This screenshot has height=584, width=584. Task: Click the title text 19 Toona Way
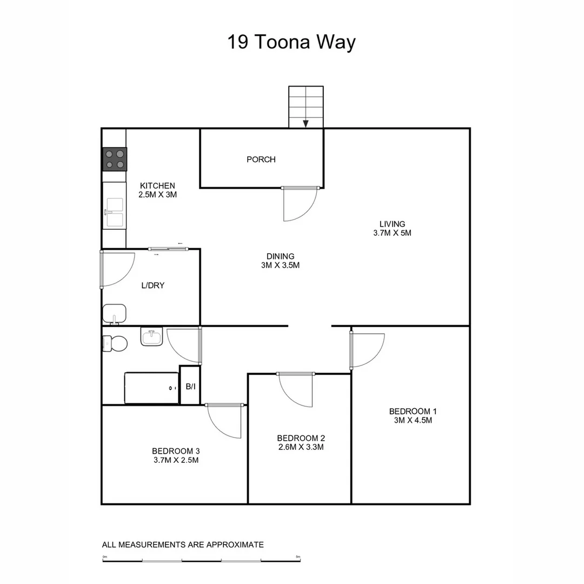[x=291, y=42]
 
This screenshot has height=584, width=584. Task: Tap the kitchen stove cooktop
[x=115, y=159]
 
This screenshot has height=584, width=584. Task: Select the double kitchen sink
[x=115, y=213]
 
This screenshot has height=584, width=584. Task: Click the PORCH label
[x=261, y=160]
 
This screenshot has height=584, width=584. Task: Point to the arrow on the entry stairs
[x=306, y=123]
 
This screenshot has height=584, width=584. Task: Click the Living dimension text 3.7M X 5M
[x=392, y=233]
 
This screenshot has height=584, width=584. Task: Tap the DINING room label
[x=280, y=256]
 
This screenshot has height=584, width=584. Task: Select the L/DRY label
[x=152, y=286]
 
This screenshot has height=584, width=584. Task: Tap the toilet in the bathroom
[x=115, y=343]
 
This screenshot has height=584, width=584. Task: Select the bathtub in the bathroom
[x=151, y=387]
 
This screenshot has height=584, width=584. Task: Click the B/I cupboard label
[x=190, y=387]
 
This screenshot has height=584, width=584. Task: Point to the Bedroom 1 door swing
[x=367, y=349]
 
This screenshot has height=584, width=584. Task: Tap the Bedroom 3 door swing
[x=225, y=421]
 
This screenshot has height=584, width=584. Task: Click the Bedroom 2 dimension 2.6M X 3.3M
[x=301, y=447]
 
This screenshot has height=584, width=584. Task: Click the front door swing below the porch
[x=300, y=204]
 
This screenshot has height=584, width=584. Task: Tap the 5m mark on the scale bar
[x=298, y=557]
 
